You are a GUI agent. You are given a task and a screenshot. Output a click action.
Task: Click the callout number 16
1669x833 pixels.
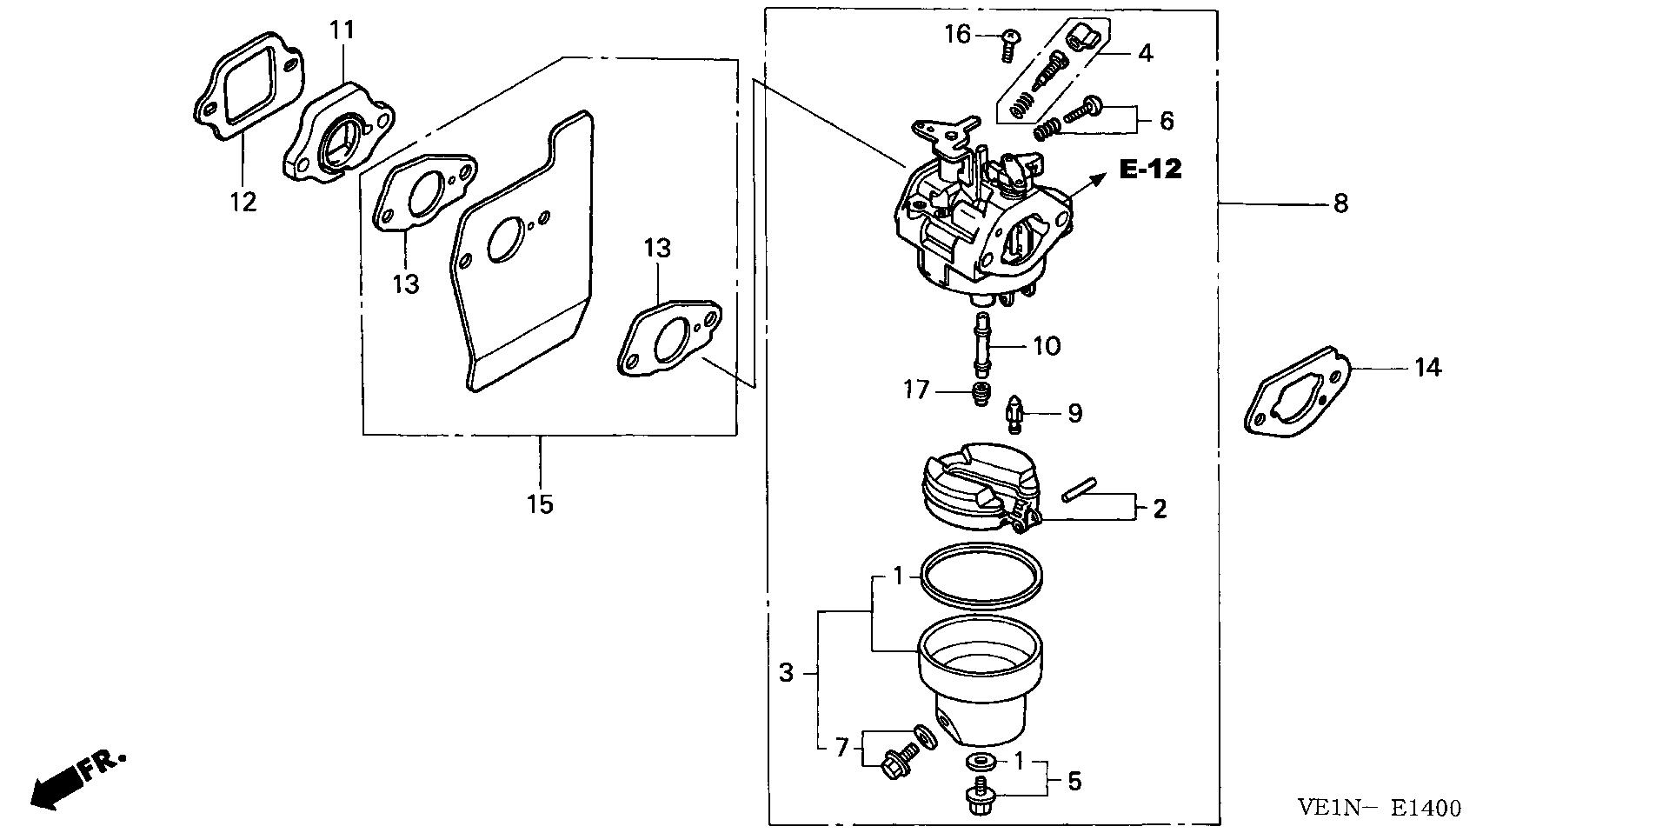pyautogui.click(x=958, y=35)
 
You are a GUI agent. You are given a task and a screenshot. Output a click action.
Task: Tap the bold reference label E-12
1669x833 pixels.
pyautogui.click(x=1150, y=169)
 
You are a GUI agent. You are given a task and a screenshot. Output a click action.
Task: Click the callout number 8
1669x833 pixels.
pyautogui.click(x=1340, y=203)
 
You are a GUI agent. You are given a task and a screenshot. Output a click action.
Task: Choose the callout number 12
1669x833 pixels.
pyautogui.click(x=243, y=202)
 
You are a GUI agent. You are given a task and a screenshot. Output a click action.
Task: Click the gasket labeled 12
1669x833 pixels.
pyautogui.click(x=249, y=86)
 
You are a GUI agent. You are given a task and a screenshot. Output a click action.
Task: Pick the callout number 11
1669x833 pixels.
pyautogui.click(x=342, y=30)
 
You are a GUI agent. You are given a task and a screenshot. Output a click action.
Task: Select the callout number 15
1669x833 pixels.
pyautogui.click(x=540, y=503)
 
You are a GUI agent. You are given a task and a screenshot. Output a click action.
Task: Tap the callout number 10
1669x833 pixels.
pyautogui.click(x=1047, y=346)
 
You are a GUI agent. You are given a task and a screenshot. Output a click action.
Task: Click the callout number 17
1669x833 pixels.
pyautogui.click(x=916, y=390)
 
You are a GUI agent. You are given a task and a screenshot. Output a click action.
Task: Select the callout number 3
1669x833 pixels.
pyautogui.click(x=786, y=672)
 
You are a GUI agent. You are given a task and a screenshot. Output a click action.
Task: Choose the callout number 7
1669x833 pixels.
pyautogui.click(x=841, y=747)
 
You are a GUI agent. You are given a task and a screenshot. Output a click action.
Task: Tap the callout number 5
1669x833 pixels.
pyautogui.click(x=1074, y=781)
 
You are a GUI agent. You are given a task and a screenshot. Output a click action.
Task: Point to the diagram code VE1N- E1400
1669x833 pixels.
pyautogui.click(x=1380, y=808)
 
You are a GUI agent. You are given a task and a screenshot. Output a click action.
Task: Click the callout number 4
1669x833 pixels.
pyautogui.click(x=1145, y=53)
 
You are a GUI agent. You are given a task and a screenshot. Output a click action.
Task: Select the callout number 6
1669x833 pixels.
pyautogui.click(x=1167, y=121)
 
